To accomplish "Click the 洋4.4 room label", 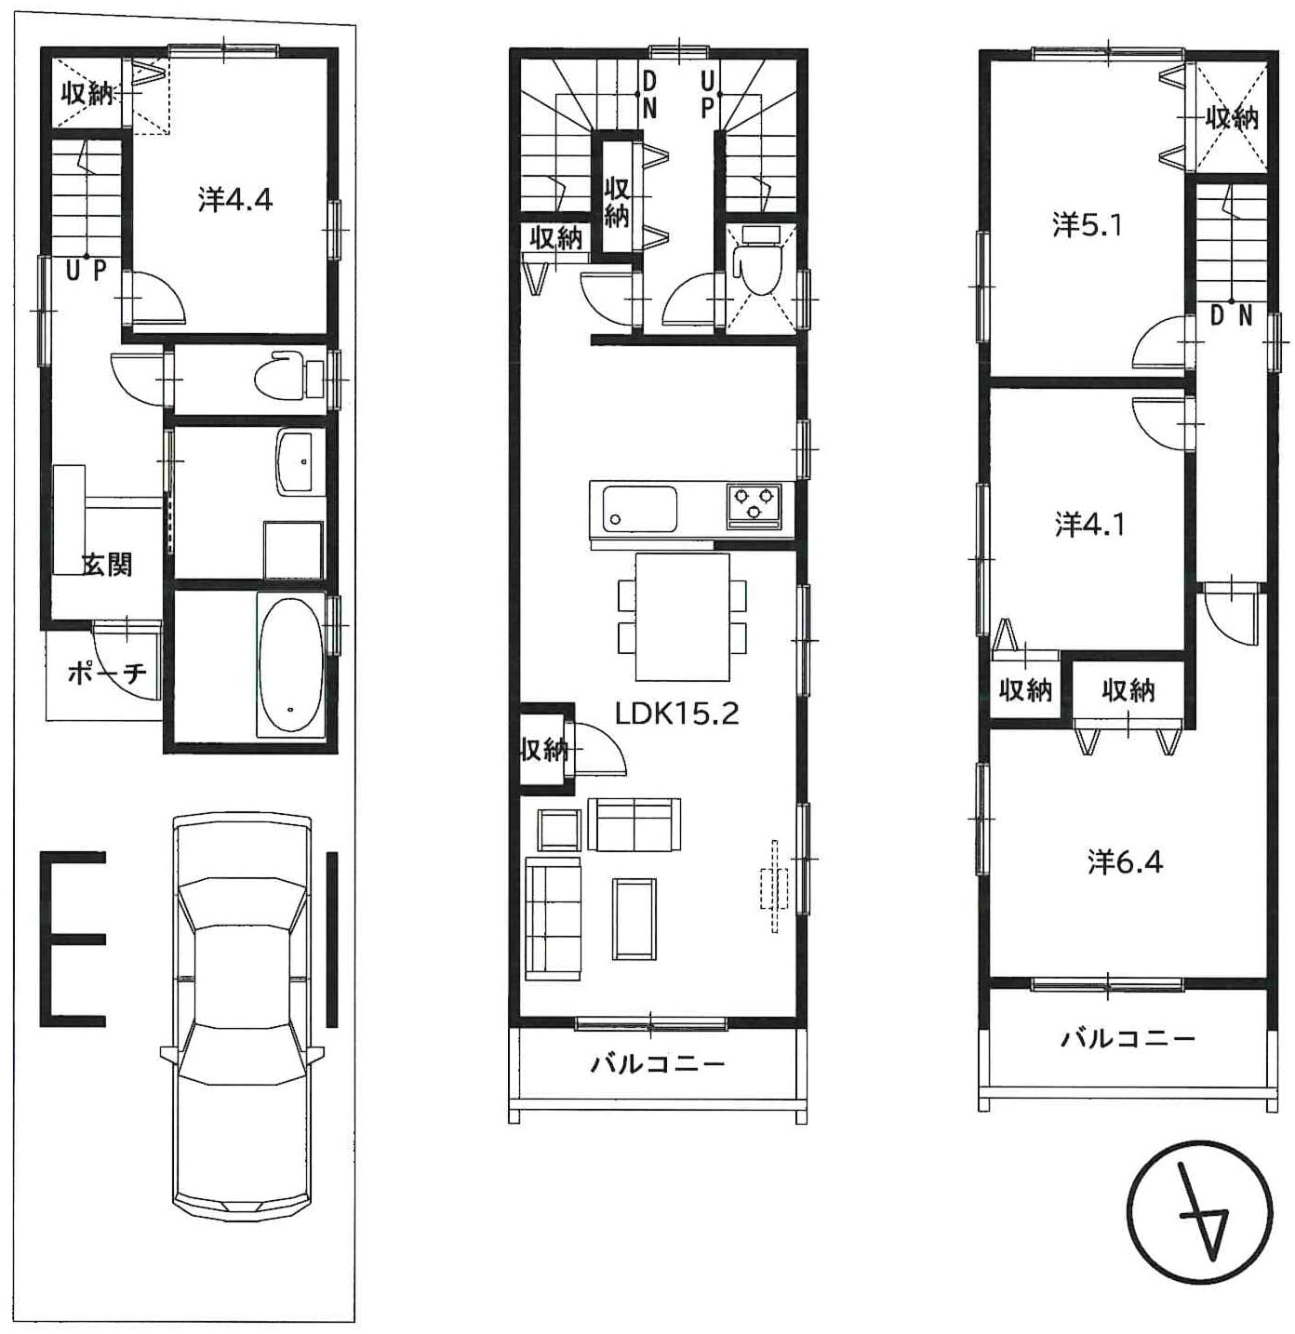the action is (235, 200).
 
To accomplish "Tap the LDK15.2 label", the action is (676, 714).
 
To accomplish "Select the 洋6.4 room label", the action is (1125, 862).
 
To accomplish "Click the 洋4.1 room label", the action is (1088, 525).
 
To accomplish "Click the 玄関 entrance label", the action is (108, 565).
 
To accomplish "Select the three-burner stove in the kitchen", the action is (754, 504).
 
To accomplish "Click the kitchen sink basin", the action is (640, 508).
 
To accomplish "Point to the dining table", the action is (682, 616).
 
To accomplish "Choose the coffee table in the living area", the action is (634, 918).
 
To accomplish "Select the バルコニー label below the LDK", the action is (658, 1064).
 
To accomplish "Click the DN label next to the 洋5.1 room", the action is (1231, 316).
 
